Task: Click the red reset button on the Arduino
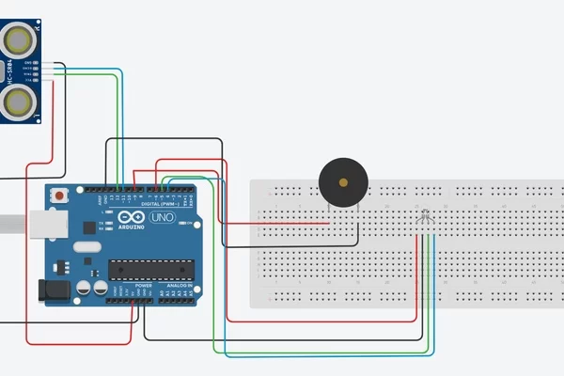[61, 196]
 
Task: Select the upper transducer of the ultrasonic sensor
[19, 39]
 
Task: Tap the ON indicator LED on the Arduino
[188, 223]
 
